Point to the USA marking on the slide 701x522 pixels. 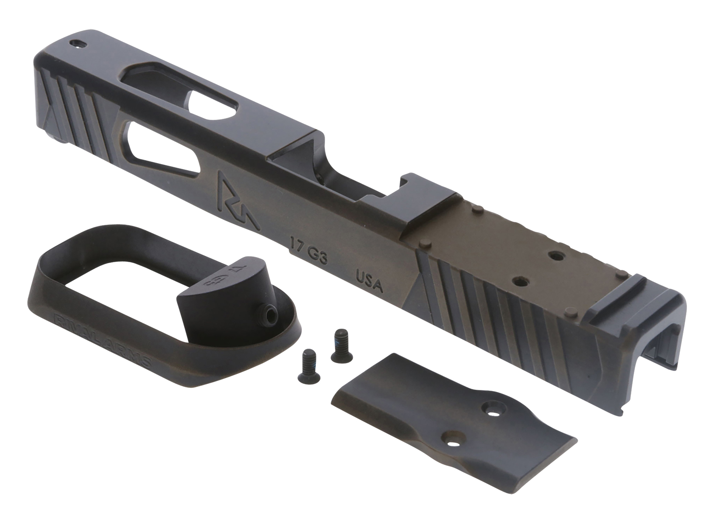pyautogui.click(x=370, y=280)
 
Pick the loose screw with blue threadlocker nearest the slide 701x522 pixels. pyautogui.click(x=338, y=344)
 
